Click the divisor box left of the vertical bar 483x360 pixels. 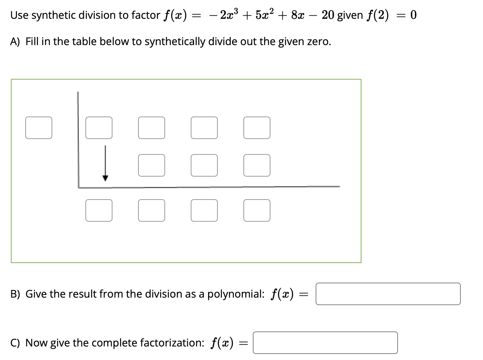(x=39, y=128)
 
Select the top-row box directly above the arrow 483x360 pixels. (x=99, y=128)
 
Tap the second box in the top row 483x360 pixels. (x=152, y=128)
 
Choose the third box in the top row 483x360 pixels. (x=204, y=128)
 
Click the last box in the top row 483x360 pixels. (x=257, y=128)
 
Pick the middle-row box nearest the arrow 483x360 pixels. (x=152, y=165)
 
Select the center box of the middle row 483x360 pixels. (x=204, y=165)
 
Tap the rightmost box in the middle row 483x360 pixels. (x=257, y=165)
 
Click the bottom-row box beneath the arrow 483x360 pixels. (x=99, y=210)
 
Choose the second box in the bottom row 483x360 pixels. (x=152, y=210)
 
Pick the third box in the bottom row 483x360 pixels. (x=204, y=210)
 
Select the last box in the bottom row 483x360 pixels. (x=257, y=210)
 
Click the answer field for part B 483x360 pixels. (x=388, y=294)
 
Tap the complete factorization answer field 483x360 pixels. (x=325, y=343)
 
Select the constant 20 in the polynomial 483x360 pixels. (x=328, y=15)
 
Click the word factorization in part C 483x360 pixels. (x=172, y=343)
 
